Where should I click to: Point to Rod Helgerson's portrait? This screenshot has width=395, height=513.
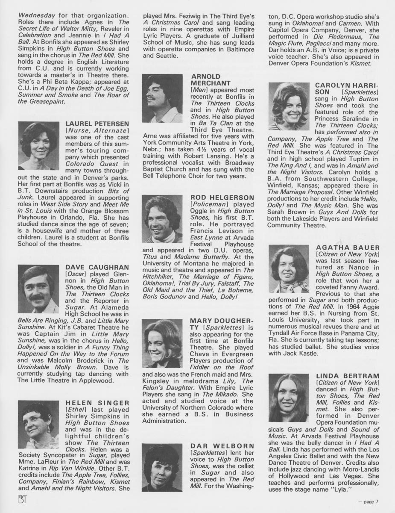162,219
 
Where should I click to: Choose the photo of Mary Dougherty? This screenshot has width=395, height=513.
162,343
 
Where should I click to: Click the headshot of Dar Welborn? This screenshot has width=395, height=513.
162,467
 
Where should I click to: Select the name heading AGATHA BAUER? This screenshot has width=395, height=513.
348,248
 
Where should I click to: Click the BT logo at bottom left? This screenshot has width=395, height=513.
10,499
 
